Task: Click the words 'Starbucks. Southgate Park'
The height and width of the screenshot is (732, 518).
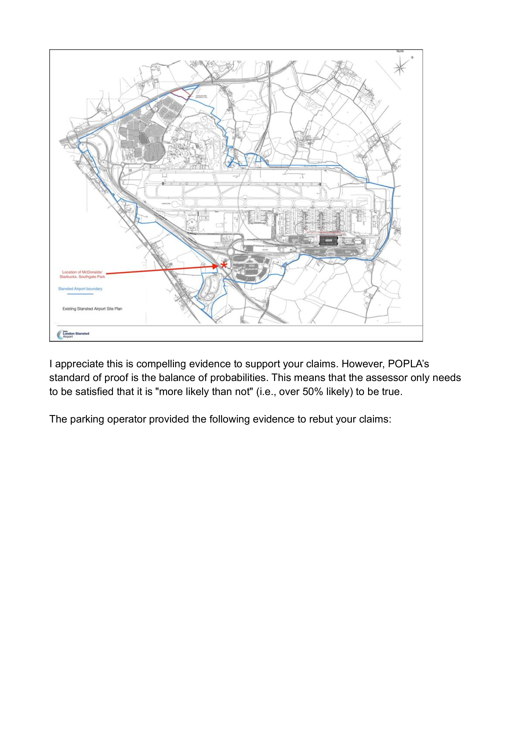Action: point(82,277)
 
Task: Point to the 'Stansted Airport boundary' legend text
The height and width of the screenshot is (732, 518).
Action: point(80,289)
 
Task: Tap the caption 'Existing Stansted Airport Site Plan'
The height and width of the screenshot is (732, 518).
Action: point(92,309)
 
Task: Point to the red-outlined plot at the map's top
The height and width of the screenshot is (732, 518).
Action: point(179,93)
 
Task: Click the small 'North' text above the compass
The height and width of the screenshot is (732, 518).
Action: point(400,51)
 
